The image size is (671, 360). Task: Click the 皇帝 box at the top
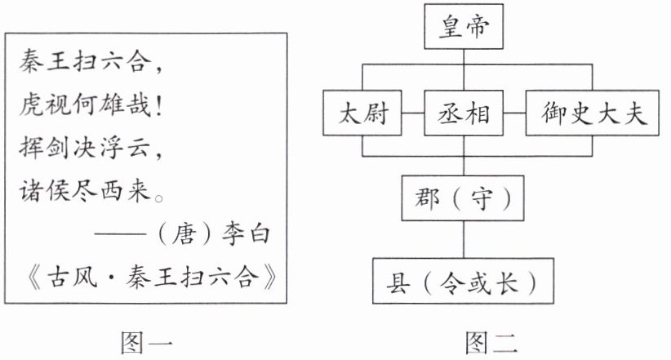tap(463, 29)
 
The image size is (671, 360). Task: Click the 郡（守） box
tap(463, 198)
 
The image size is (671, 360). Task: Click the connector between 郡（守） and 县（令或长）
tap(464, 240)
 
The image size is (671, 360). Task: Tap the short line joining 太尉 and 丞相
tap(414, 113)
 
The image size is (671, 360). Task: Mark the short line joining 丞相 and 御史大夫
tap(513, 113)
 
